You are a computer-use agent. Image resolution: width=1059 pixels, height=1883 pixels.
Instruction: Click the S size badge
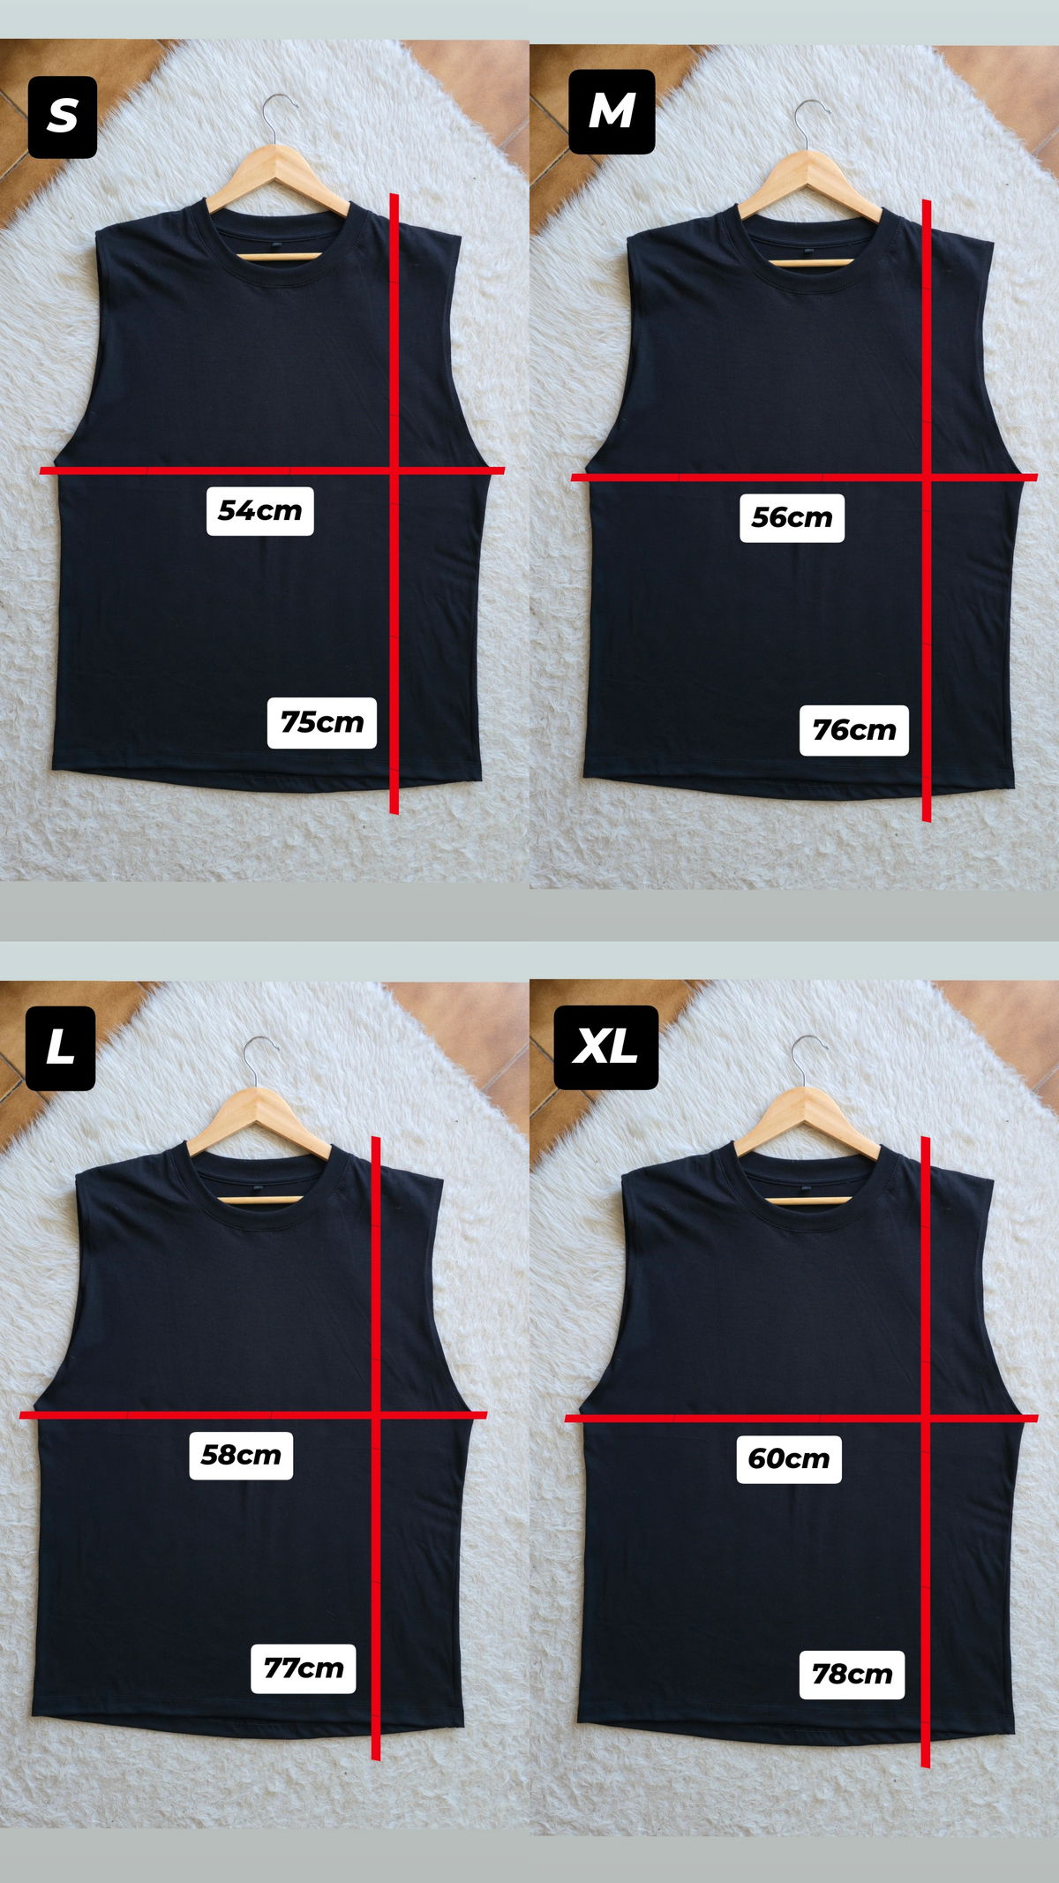click(63, 117)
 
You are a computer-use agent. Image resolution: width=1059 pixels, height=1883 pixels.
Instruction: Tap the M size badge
click(612, 112)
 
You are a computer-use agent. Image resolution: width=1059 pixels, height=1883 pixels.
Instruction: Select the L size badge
click(60, 1048)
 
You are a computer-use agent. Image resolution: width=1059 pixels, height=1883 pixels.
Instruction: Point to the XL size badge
click(605, 1047)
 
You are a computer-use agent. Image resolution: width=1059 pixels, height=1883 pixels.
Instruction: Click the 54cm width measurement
click(260, 510)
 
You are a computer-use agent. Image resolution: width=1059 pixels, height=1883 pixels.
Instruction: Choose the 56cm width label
click(792, 517)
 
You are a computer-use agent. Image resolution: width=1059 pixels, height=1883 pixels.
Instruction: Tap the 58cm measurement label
click(241, 1454)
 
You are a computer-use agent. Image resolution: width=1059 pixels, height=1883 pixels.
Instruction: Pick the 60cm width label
click(789, 1458)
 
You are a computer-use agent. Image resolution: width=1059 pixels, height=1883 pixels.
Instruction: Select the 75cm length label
click(322, 722)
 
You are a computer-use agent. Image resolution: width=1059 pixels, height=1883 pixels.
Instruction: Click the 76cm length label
click(854, 730)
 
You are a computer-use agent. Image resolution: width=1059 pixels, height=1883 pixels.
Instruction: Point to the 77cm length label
click(304, 1668)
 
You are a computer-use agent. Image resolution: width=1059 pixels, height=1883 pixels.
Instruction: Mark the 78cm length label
click(852, 1675)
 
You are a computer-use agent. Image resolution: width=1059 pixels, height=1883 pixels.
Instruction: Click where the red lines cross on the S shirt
click(394, 471)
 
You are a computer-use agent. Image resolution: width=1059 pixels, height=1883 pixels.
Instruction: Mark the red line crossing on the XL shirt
click(925, 1418)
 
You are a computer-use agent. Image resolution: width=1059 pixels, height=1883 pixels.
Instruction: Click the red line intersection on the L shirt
click(376, 1415)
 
